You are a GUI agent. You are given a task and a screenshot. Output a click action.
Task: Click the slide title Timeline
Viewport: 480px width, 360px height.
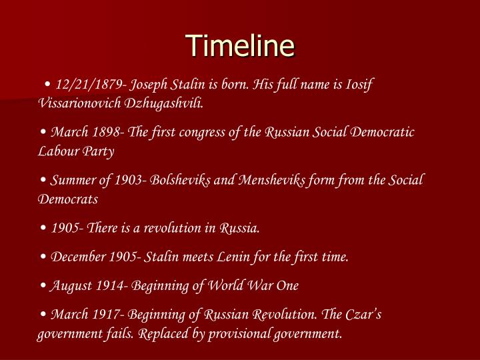(240, 46)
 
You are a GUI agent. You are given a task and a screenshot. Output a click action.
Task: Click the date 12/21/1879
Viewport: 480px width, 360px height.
(89, 85)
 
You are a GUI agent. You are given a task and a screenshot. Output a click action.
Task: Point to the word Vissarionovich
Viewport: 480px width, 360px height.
(79, 104)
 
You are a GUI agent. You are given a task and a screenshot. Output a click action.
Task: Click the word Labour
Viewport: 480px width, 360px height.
(58, 151)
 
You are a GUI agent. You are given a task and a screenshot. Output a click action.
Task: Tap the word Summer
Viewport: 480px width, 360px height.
(74, 180)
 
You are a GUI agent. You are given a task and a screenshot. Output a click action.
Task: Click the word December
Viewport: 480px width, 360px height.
(79, 257)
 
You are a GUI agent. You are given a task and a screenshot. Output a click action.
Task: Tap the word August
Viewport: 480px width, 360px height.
(71, 285)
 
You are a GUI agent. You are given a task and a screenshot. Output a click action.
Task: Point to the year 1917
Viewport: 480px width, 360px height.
(103, 314)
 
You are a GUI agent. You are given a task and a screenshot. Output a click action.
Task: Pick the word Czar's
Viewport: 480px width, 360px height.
(360, 314)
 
